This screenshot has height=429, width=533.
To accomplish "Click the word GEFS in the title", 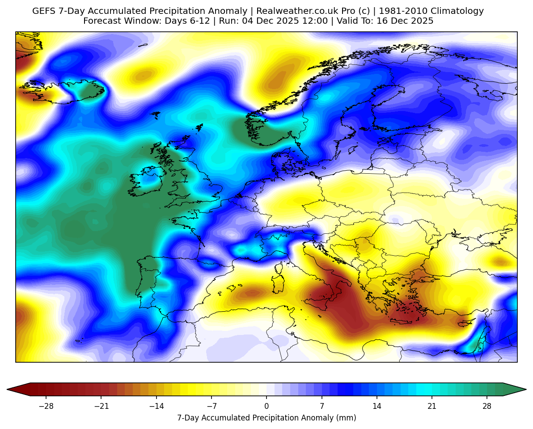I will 43,11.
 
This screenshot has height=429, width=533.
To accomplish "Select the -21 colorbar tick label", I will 101,406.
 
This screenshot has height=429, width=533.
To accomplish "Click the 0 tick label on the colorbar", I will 266,406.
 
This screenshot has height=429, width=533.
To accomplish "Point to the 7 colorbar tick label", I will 321,406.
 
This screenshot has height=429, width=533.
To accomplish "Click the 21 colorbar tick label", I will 432,406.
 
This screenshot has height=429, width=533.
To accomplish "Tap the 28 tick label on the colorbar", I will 487,406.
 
